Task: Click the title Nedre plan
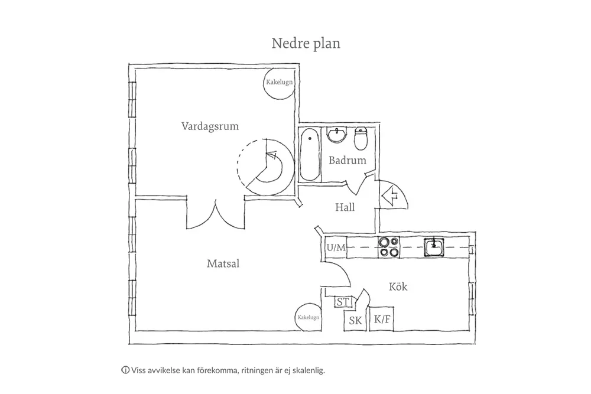[x=306, y=43]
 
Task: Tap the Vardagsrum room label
[x=210, y=126]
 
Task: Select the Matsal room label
[x=223, y=263]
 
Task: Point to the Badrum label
[x=347, y=161]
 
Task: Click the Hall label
[x=345, y=207]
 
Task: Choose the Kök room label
[x=398, y=286]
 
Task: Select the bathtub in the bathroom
[x=310, y=154]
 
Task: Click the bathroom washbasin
[x=337, y=135]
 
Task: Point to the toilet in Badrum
[x=361, y=139]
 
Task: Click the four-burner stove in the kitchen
[x=389, y=247]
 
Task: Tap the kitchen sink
[x=434, y=247]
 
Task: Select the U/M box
[x=336, y=248]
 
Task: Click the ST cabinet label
[x=343, y=302]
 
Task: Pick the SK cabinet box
[x=355, y=321]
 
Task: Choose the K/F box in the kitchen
[x=381, y=320]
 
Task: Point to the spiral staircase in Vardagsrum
[x=266, y=167]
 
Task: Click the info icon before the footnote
[x=125, y=370]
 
